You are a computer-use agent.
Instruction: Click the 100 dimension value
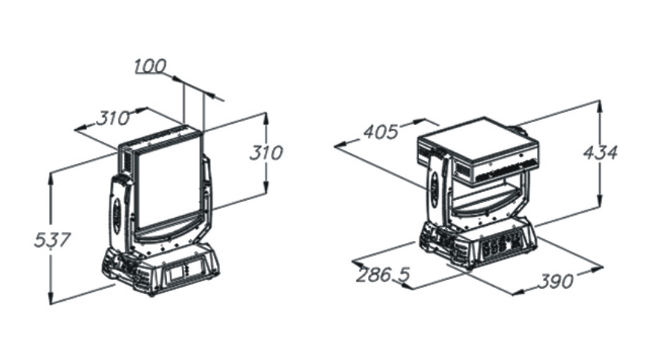pos(151,66)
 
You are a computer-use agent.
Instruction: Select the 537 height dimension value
pos(52,240)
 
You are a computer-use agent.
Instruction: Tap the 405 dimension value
pos(381,132)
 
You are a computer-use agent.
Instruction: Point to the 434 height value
pos(600,153)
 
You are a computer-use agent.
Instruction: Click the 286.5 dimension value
pos(383,275)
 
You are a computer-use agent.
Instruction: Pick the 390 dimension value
pos(556,281)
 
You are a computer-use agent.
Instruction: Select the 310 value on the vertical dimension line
pos(267,153)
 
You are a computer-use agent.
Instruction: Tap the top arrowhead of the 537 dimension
pos(51,178)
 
